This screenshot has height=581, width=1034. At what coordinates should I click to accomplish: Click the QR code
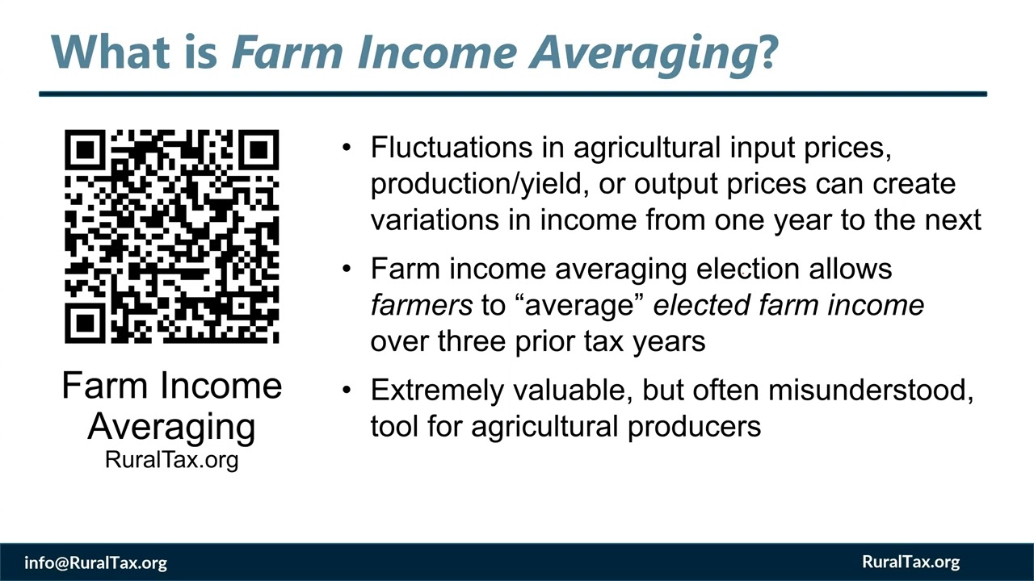171,236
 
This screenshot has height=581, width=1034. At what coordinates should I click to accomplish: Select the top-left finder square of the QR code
86,151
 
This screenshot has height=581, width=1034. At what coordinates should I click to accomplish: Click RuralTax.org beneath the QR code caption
171,460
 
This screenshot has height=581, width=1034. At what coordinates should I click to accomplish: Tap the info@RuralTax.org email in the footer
95,562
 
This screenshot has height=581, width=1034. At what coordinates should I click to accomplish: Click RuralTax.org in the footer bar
910,562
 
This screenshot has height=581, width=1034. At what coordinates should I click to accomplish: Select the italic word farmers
421,305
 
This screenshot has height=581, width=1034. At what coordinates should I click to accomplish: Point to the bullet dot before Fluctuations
347,148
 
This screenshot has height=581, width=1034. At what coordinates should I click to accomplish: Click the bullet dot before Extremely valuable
347,391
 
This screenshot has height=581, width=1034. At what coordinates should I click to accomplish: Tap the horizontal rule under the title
513,94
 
